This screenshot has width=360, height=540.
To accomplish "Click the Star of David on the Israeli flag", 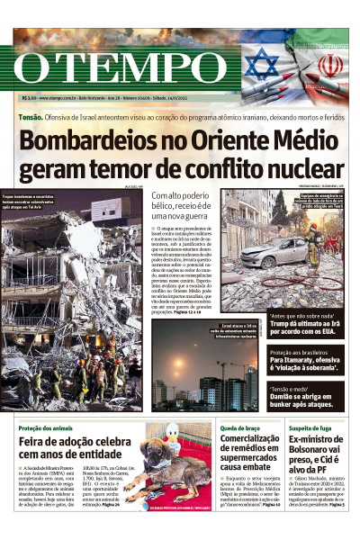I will pyautogui.click(x=262, y=64).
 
